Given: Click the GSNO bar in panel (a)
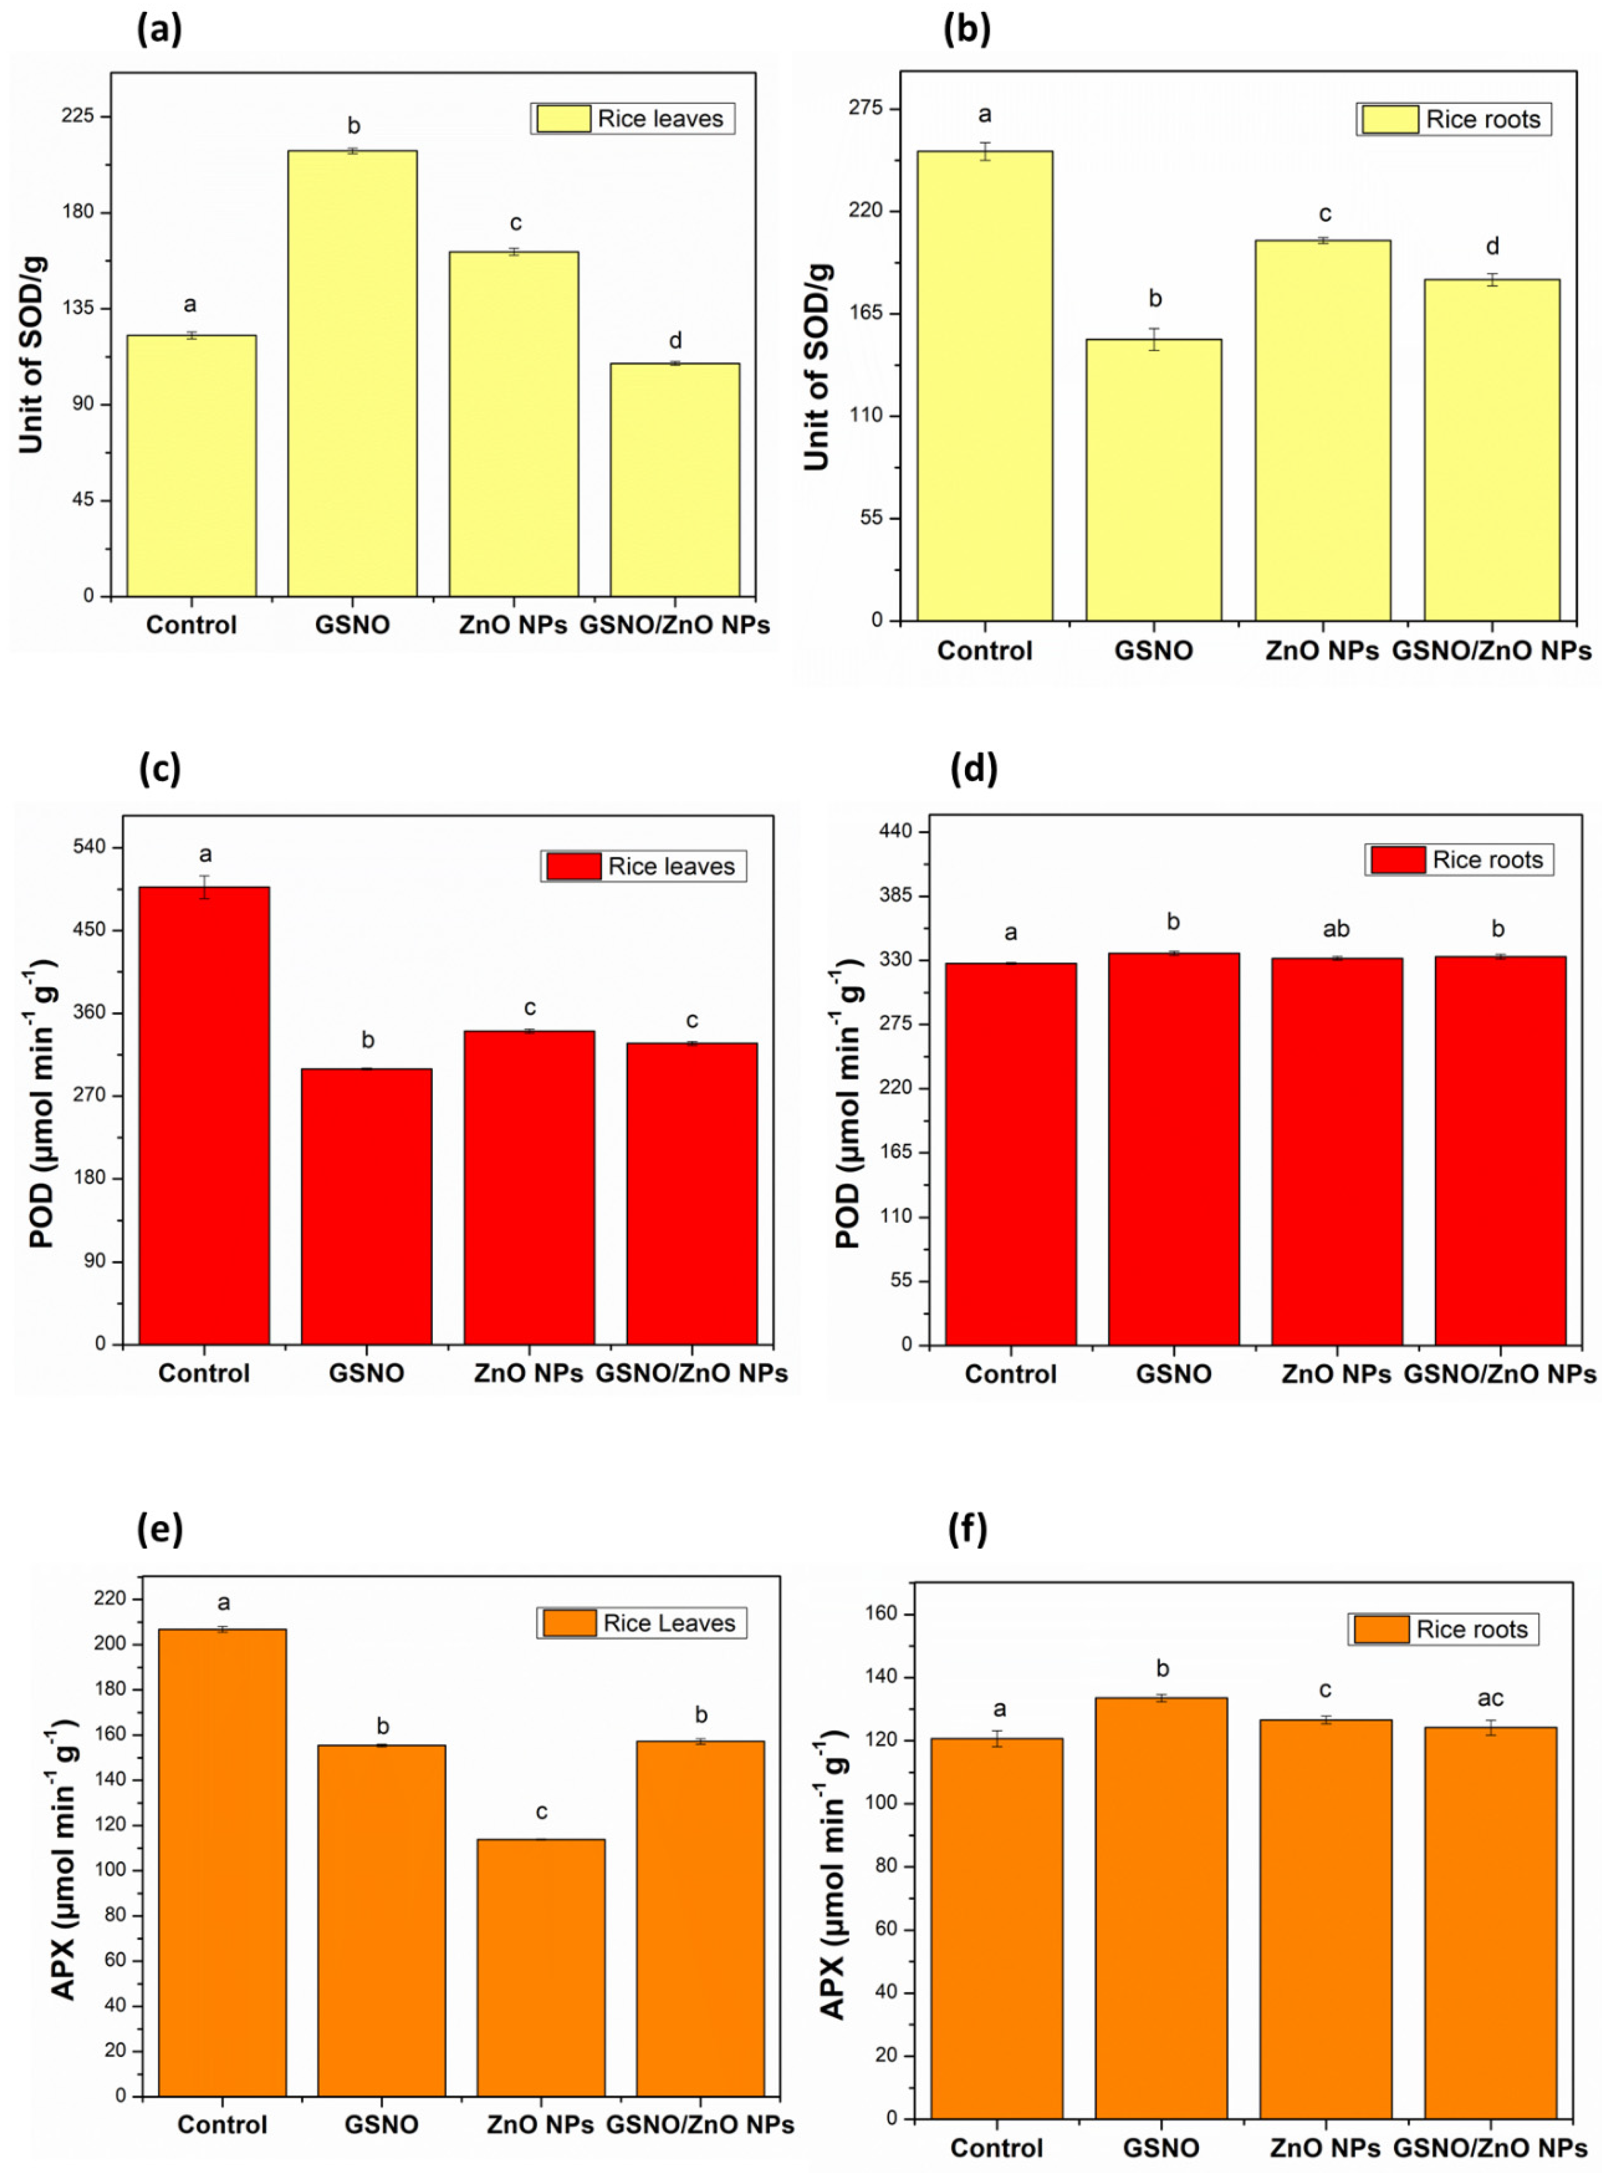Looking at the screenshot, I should [352, 373].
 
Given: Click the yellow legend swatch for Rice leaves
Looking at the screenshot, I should [564, 118].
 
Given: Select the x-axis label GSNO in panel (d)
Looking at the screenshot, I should [1173, 1374].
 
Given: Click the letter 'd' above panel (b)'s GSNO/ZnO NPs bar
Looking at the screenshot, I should [1492, 246].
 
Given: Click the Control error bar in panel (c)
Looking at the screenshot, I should [205, 886].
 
